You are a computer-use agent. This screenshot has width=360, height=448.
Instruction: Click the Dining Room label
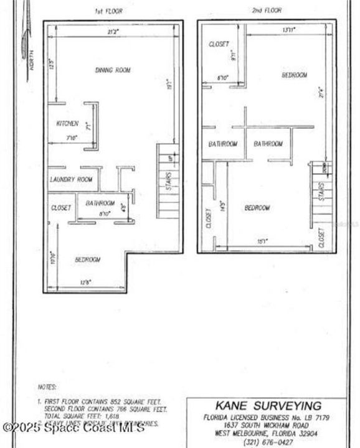[113, 70]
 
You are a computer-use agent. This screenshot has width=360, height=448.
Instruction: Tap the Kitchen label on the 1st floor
[67, 123]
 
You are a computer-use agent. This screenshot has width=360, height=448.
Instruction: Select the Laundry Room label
[71, 180]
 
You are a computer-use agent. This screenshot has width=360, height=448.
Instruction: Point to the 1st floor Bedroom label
[87, 259]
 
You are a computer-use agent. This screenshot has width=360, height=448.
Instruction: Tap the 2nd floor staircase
[320, 193]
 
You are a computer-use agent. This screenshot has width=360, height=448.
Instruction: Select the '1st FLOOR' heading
[107, 11]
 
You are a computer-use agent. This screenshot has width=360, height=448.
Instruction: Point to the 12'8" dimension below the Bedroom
[85, 283]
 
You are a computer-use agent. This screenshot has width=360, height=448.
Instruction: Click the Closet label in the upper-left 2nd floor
[219, 44]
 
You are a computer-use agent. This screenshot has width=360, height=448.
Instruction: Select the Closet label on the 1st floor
[61, 207]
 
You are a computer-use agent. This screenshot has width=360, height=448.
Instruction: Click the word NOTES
[47, 386]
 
